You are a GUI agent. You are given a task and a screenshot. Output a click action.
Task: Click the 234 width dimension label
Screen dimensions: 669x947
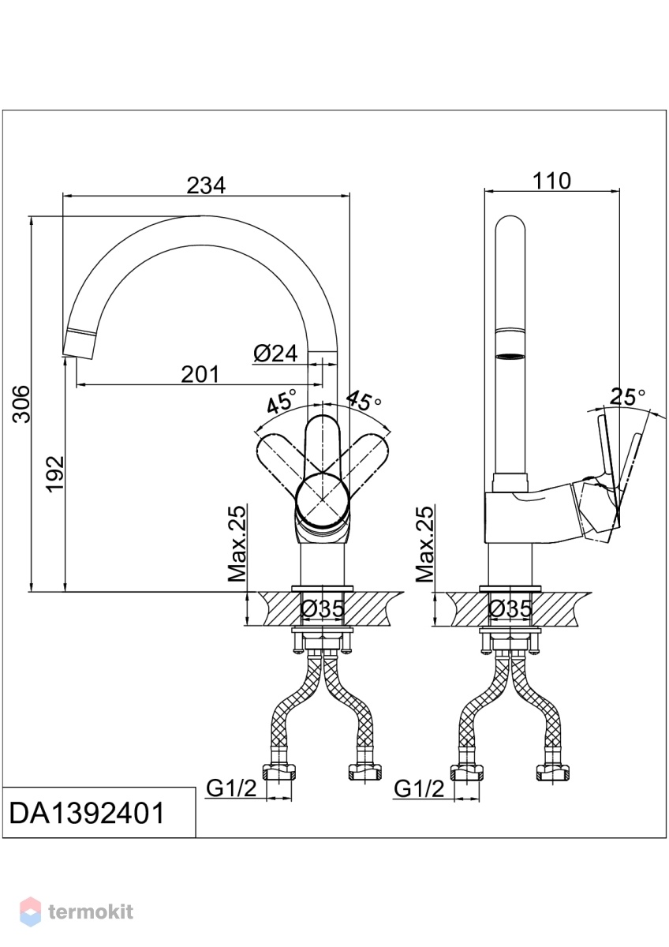point(206,185)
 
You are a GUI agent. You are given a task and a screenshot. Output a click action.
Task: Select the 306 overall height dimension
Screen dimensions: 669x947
point(21,404)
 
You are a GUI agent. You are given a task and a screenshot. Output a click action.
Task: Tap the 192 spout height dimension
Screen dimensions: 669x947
point(55,474)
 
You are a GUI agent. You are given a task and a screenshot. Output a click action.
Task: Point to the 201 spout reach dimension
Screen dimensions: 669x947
point(200,374)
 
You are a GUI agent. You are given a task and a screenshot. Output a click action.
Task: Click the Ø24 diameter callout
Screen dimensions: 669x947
point(276,353)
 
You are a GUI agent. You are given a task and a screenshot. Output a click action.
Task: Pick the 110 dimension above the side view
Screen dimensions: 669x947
point(551,181)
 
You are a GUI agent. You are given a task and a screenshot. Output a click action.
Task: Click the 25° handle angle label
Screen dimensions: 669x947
point(628,397)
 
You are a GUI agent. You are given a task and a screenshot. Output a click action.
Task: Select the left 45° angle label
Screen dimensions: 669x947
point(282,400)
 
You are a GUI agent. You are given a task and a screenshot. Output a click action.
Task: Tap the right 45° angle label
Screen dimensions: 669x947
point(364,400)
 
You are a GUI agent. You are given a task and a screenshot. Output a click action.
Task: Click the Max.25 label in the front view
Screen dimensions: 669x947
point(237,543)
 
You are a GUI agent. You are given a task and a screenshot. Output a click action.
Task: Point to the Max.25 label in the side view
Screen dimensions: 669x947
point(424,543)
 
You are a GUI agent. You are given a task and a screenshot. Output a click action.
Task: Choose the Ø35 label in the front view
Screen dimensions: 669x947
point(322,608)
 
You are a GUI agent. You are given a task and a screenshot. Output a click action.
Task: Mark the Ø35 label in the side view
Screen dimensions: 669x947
point(510,608)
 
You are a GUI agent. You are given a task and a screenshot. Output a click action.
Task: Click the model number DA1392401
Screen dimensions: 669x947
point(87,825)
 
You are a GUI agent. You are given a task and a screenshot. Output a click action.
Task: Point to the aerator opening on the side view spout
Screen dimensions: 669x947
point(510,357)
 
